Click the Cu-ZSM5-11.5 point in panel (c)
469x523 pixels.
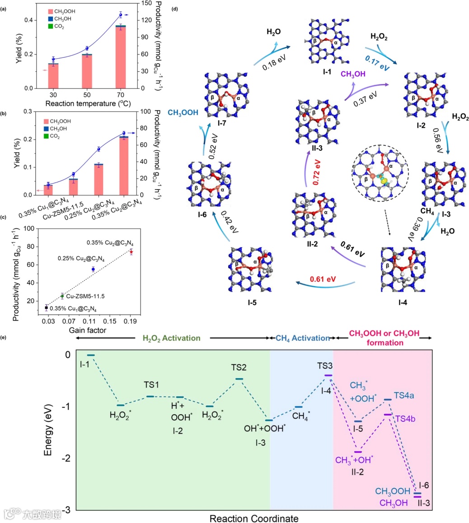(62, 296)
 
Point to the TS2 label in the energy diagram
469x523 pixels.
(239, 368)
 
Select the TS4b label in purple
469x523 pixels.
(405, 418)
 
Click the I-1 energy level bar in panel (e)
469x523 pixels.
(91, 356)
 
